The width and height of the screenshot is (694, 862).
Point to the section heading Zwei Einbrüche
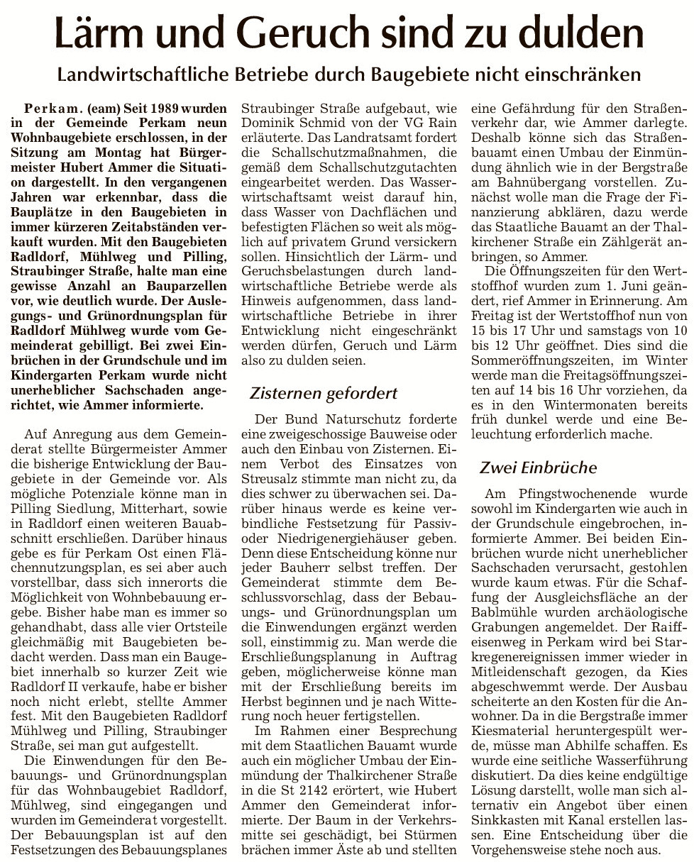538,468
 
